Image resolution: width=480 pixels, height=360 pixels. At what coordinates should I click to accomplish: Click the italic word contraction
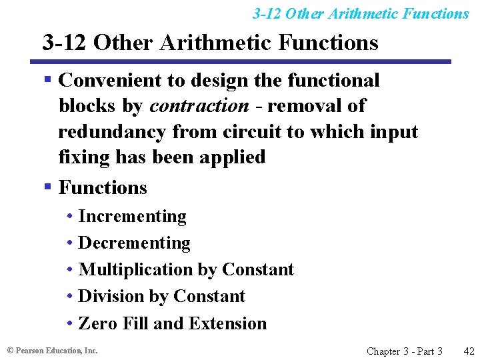pos(199,106)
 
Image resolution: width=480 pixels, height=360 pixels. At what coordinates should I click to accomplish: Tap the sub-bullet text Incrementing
pos(132,217)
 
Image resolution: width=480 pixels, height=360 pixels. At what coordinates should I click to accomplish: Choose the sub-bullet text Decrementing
pos(134,243)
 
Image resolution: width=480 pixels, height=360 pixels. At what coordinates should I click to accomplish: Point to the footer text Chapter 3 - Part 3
pos(404,351)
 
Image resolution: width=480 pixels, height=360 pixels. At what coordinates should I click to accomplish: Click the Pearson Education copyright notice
pos(53,350)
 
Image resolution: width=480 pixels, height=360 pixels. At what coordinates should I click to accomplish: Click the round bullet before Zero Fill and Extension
pos(70,324)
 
